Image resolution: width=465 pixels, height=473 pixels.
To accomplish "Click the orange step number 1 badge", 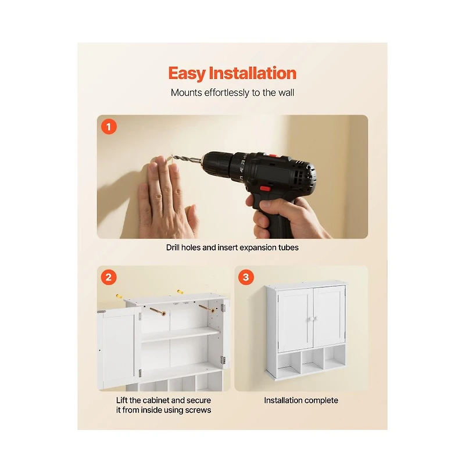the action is point(109,127).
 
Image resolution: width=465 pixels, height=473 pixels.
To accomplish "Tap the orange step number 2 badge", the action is point(109,277).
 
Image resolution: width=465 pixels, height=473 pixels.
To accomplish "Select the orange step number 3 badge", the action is point(246,277).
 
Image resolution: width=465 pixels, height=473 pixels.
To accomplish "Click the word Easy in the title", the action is point(187,74).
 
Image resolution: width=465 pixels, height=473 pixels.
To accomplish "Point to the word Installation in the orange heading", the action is point(253,73).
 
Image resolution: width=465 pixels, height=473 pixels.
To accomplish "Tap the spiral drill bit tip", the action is point(173,157).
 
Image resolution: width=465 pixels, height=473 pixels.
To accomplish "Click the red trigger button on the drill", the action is point(265,189).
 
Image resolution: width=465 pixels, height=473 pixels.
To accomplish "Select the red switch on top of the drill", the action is point(273,156).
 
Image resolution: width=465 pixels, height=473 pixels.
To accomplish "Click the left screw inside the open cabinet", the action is point(158,311).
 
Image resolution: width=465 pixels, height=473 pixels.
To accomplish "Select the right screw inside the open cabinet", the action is point(207,309).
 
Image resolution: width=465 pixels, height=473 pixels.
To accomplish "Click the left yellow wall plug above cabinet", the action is point(119,296).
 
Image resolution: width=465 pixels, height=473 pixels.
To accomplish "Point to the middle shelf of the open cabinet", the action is point(180,335).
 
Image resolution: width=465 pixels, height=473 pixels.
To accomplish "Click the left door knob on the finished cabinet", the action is point(309,319).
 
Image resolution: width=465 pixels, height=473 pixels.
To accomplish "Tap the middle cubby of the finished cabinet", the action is point(312,360).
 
